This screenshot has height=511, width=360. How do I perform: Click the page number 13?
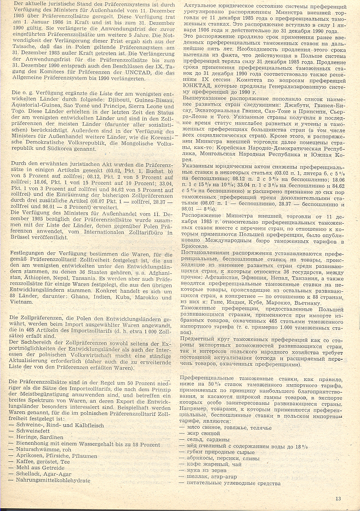[338, 499]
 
